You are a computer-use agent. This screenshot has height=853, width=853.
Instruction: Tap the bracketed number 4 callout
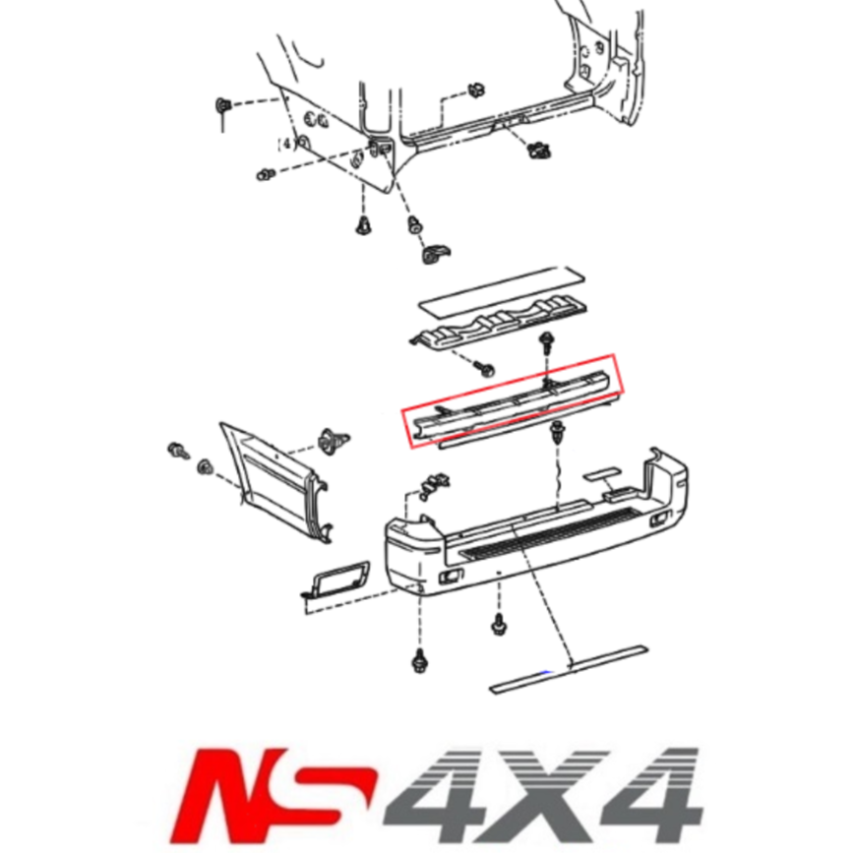coord(286,144)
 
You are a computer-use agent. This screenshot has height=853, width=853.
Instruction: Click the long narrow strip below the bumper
coord(568,669)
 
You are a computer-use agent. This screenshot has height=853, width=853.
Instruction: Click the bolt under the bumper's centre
coord(497,623)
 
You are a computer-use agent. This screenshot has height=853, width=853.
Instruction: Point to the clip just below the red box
coord(559,430)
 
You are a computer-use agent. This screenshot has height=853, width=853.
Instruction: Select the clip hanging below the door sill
coord(537,150)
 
